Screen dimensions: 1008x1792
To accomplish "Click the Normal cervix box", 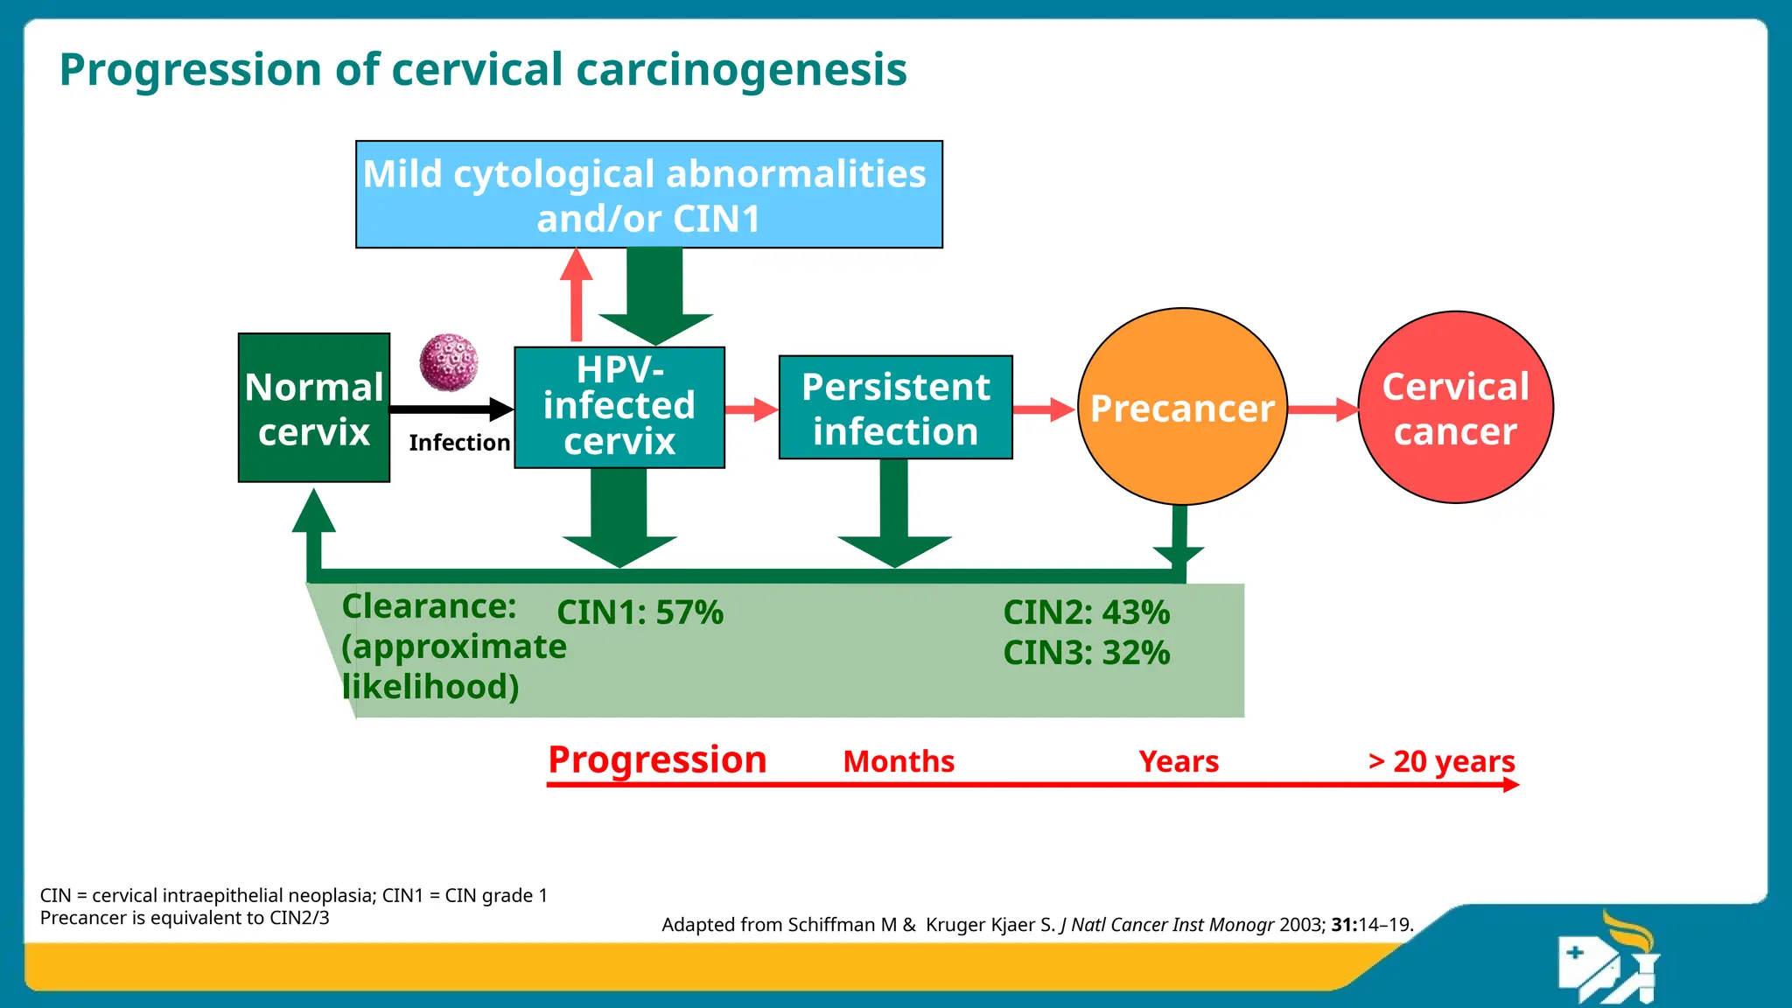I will (x=313, y=408).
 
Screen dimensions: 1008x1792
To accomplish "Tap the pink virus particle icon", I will (x=449, y=362).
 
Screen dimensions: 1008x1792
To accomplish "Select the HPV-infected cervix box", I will (x=619, y=407).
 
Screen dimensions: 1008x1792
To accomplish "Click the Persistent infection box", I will (x=895, y=408).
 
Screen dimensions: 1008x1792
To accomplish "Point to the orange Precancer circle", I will (x=1182, y=407).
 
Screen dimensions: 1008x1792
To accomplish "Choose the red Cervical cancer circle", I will (x=1455, y=408).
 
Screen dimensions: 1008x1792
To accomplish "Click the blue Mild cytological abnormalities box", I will (x=648, y=194).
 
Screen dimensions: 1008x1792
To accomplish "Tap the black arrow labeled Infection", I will (x=451, y=409).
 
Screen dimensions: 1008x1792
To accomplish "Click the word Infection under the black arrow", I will (x=459, y=443).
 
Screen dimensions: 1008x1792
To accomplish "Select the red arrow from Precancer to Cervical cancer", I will (x=1323, y=409).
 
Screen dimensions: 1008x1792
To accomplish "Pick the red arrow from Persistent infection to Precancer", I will (x=1044, y=409).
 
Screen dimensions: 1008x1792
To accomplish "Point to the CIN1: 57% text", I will (x=640, y=612).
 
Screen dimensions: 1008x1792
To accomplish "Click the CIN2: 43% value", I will (x=1086, y=612).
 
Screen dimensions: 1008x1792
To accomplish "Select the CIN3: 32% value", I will (x=1086, y=653).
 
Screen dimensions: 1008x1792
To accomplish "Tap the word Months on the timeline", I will (x=899, y=761).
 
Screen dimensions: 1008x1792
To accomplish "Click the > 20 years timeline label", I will (x=1441, y=761).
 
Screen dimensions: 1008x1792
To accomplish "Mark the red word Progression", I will (x=657, y=759).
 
